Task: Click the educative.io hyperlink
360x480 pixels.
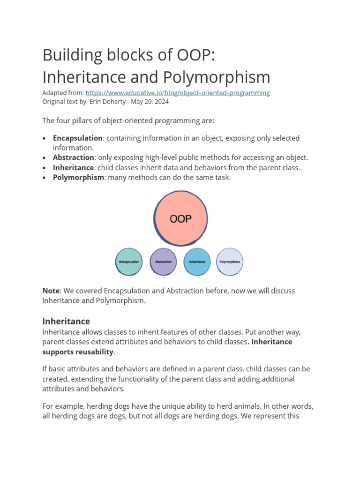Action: (177, 93)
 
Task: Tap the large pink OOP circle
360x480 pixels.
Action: (181, 218)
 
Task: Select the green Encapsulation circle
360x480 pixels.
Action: (129, 262)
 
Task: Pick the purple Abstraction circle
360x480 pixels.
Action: (163, 262)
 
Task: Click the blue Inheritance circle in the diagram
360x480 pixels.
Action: (197, 262)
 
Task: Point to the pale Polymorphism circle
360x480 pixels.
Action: (230, 262)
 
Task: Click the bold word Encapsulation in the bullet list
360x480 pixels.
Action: (78, 138)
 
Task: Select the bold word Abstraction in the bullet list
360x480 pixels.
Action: (74, 157)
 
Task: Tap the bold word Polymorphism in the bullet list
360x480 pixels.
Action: (78, 177)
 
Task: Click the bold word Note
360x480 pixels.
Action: (51, 291)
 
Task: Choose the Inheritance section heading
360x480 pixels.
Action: (66, 322)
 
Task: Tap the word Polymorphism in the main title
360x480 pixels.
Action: (217, 77)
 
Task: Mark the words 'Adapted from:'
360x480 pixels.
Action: (63, 93)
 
